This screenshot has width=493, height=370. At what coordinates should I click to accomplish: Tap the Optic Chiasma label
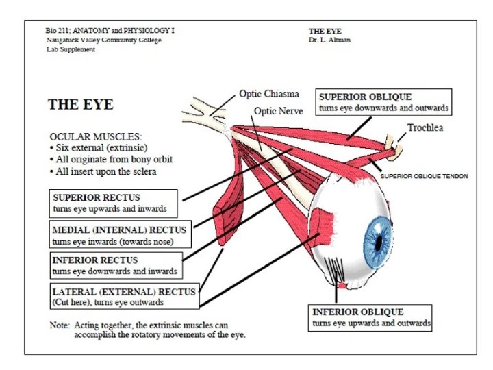pyautogui.click(x=268, y=93)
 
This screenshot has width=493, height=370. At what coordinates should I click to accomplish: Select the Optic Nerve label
pyautogui.click(x=278, y=111)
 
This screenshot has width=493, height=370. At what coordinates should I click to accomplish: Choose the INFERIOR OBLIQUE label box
pyautogui.click(x=371, y=317)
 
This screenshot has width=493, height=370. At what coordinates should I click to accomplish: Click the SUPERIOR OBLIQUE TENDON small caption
pyautogui.click(x=425, y=176)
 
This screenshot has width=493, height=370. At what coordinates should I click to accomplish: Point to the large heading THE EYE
pyautogui.click(x=80, y=105)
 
